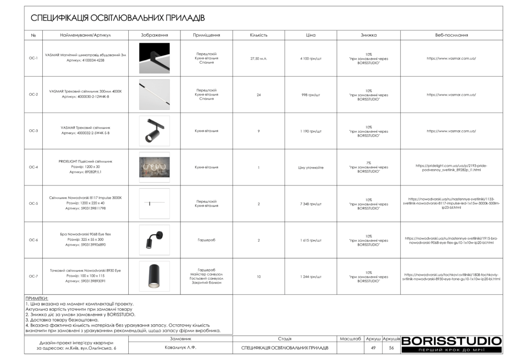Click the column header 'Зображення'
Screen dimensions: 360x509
point(154,35)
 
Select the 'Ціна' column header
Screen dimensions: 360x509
point(311,35)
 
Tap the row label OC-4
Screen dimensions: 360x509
point(33,168)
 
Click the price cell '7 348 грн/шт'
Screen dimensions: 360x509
point(311,204)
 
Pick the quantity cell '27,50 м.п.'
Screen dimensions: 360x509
point(258,59)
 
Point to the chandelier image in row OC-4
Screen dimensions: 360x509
point(154,168)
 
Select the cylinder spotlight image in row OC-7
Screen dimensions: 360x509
point(154,276)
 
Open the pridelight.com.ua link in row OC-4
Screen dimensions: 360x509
point(451,168)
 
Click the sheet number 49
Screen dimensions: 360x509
point(373,348)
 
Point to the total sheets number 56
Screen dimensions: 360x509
point(392,348)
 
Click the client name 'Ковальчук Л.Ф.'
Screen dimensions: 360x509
point(180,348)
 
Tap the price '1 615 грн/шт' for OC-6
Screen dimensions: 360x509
point(311,240)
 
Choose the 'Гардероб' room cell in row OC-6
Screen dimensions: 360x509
point(206,240)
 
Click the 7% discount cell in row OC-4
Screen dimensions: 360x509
point(368,168)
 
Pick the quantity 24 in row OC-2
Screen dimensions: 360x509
point(258,95)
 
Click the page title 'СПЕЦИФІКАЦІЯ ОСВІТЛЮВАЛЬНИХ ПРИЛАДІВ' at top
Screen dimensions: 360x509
point(118,18)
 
